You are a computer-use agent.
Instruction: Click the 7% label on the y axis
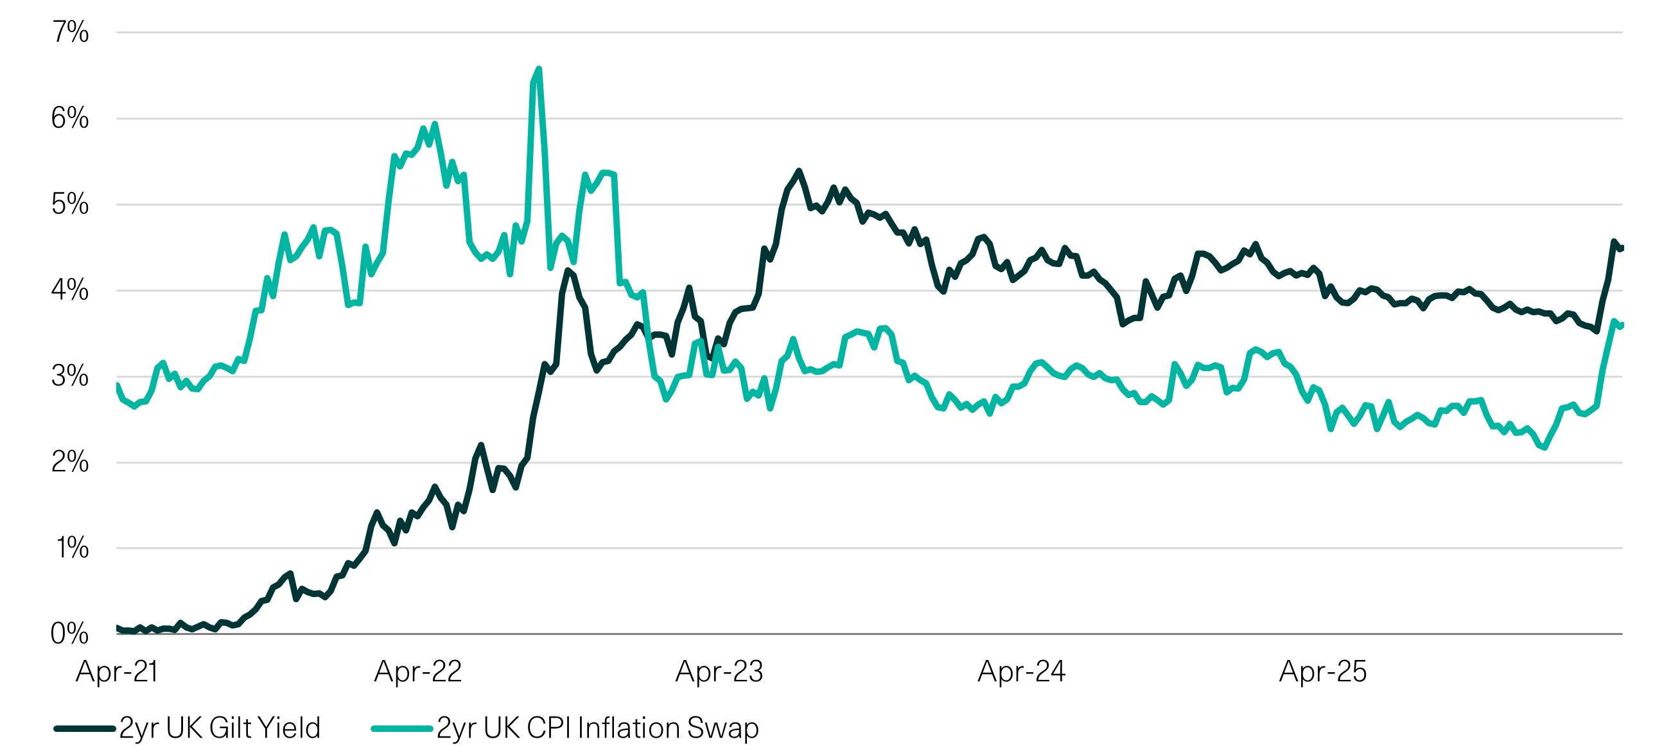[x=70, y=32]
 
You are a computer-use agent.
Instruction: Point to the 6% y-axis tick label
[x=70, y=118]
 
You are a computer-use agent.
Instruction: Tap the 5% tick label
[x=70, y=204]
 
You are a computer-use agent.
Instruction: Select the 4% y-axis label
[x=70, y=290]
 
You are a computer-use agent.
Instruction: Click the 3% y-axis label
[x=70, y=376]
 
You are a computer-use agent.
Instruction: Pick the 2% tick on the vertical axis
[x=70, y=462]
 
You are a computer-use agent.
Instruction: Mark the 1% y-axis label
[x=72, y=548]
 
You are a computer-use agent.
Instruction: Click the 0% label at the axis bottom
[x=70, y=634]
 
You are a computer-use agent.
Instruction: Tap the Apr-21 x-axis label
[x=117, y=672]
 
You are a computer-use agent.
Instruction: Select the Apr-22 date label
[x=418, y=672]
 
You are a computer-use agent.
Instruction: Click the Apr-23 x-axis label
[x=719, y=672]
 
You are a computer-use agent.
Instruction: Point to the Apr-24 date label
[x=1021, y=672]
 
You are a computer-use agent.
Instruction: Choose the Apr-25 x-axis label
[x=1322, y=672]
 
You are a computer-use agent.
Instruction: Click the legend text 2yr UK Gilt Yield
[x=220, y=728]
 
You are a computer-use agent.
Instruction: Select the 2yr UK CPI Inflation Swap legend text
[x=597, y=728]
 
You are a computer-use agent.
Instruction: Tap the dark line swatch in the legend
[x=84, y=729]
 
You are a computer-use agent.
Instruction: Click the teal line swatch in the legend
[x=401, y=729]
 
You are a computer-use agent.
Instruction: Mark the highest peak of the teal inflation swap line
[x=538, y=69]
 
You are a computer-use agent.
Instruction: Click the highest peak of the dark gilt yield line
[x=798, y=171]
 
